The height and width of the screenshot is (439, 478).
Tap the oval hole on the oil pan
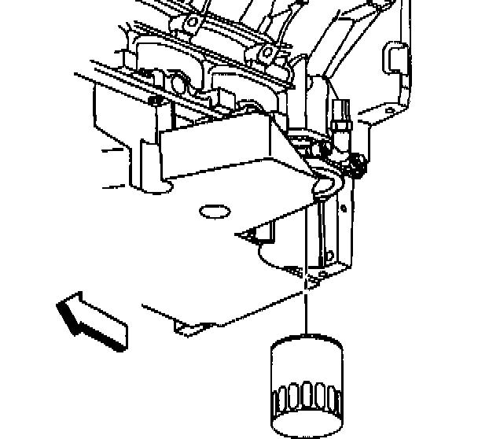tap(214, 211)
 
